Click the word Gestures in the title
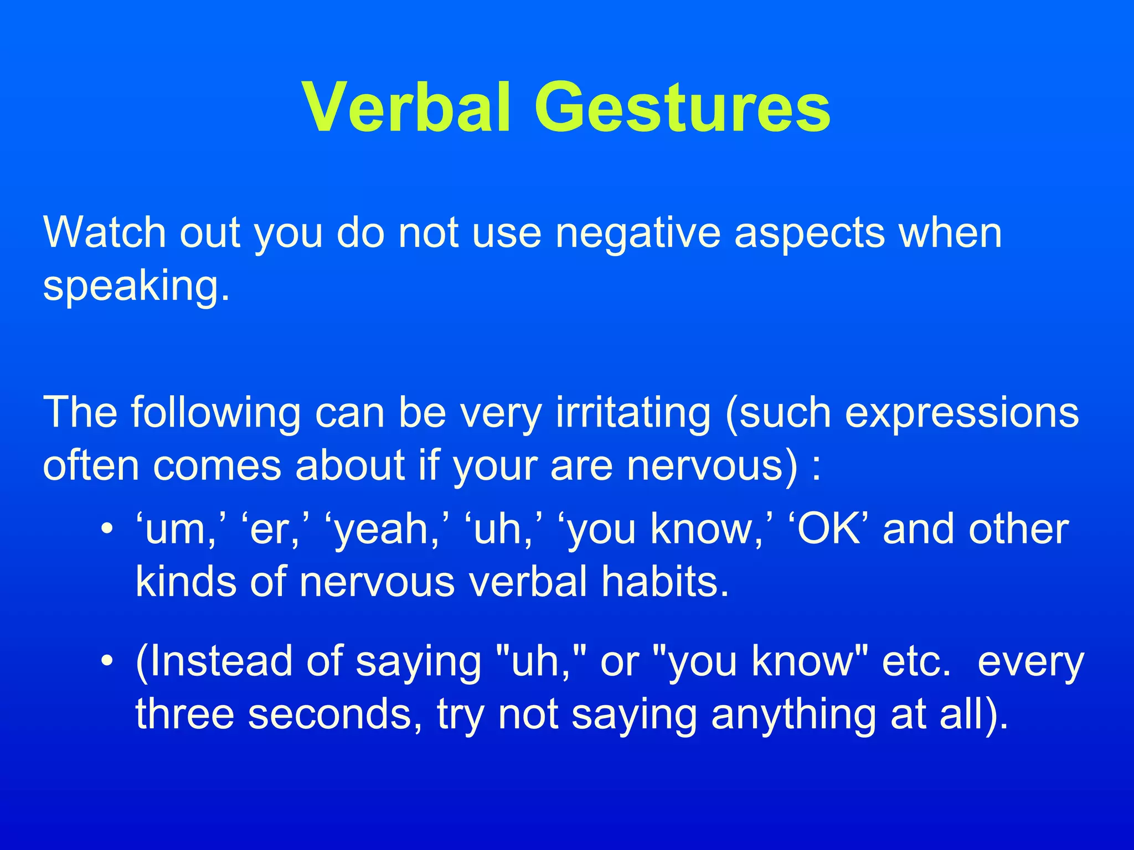tap(682, 107)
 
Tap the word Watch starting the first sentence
tap(105, 232)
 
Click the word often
tap(91, 465)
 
